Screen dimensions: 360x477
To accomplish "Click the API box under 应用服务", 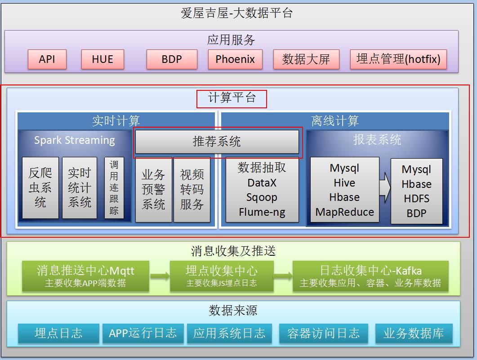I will [x=47, y=59].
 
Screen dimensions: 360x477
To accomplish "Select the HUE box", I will [x=103, y=59].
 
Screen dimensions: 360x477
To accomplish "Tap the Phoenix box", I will [x=235, y=59].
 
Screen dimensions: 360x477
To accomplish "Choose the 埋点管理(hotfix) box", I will [x=398, y=59].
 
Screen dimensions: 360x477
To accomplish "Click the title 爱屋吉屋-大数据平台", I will [x=236, y=13].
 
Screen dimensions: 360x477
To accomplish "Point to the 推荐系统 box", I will [x=217, y=142].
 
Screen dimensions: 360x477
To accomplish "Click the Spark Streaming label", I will [x=75, y=140].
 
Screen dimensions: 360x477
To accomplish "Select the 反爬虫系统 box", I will [x=40, y=187].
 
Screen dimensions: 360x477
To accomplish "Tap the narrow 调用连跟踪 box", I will [x=114, y=187].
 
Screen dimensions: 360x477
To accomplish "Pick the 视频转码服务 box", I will [x=192, y=189].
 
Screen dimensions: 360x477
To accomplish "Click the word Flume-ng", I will [x=262, y=212].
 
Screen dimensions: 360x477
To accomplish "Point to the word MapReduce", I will [x=345, y=212].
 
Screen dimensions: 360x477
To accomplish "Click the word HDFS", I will [x=417, y=199].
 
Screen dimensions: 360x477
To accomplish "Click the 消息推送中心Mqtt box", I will [x=85, y=276].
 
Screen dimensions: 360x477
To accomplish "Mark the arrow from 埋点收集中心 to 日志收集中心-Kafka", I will [x=283, y=276].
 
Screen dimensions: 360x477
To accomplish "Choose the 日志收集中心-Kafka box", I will [x=370, y=276].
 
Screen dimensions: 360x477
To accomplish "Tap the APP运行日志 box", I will [x=143, y=333].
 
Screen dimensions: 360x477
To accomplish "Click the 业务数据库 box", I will [x=414, y=333].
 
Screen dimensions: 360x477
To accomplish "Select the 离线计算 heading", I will [x=335, y=121].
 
